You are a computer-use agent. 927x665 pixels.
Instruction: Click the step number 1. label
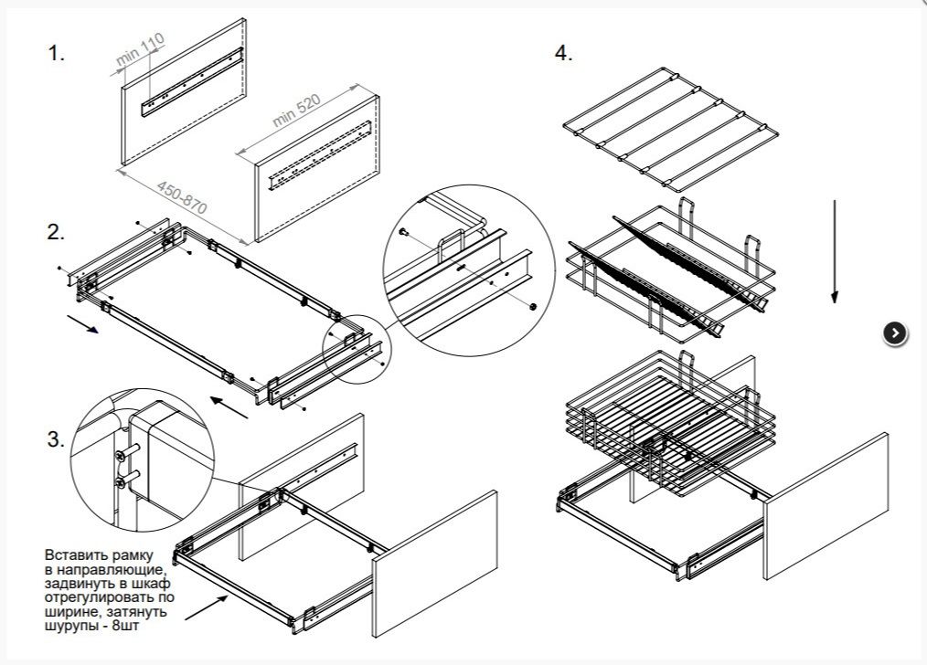(x=57, y=54)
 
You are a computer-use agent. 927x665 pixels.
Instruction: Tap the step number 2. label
(x=57, y=232)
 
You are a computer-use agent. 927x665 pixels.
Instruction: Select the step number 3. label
(x=57, y=439)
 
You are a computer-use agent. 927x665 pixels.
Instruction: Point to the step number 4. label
(x=563, y=54)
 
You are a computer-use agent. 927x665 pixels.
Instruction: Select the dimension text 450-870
(x=182, y=197)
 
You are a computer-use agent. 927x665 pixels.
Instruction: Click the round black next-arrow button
(x=895, y=333)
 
